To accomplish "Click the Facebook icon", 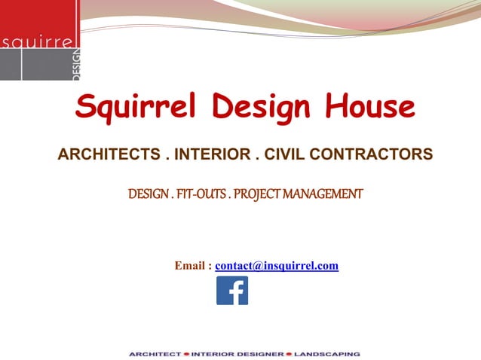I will point(232,291).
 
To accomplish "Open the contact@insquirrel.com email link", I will point(277,266).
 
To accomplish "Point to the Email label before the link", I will point(193,266).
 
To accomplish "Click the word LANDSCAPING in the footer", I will point(326,353).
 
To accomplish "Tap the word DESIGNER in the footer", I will point(259,353).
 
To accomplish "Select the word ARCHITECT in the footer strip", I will point(155,353).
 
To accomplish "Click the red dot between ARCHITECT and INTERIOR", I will point(185,353).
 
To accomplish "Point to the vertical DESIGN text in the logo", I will point(78,66).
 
